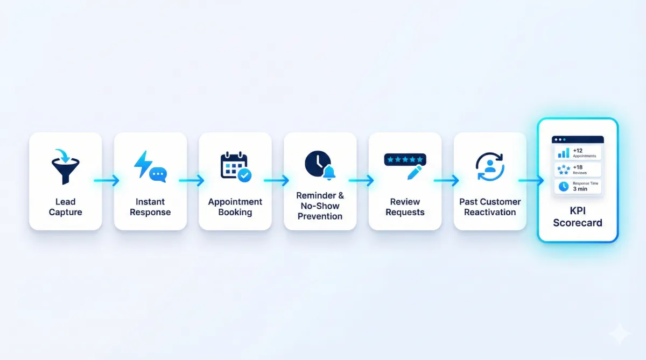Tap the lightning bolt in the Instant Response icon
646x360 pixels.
[x=143, y=164]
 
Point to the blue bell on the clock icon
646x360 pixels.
[x=329, y=173]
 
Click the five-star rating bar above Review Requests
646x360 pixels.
[x=405, y=160]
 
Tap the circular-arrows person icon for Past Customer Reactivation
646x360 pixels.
[x=490, y=167]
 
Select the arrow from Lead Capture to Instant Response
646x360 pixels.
[x=107, y=181]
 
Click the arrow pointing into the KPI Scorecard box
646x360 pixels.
[x=531, y=181]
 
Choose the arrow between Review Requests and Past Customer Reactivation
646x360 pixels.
[x=447, y=181]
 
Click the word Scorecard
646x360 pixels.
[x=578, y=223]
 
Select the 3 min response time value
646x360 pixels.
[x=580, y=189]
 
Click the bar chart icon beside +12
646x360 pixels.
[x=564, y=153]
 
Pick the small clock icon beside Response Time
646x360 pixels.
[x=564, y=187]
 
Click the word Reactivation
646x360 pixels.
[x=490, y=212]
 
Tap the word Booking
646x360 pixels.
[x=235, y=212]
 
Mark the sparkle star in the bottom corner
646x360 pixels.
[x=620, y=334]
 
